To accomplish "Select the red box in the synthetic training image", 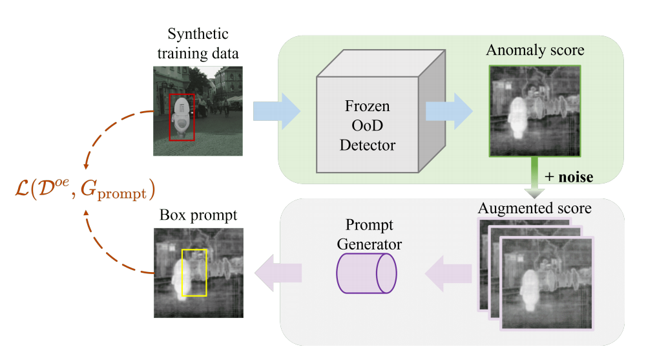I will [x=182, y=116].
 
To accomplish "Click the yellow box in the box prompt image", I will [x=194, y=272].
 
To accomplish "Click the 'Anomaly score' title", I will [x=535, y=50].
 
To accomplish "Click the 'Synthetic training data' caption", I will [x=198, y=43].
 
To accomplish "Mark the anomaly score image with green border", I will [x=535, y=111].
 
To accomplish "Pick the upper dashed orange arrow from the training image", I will [x=107, y=136].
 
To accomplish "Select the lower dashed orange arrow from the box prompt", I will [x=110, y=249].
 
